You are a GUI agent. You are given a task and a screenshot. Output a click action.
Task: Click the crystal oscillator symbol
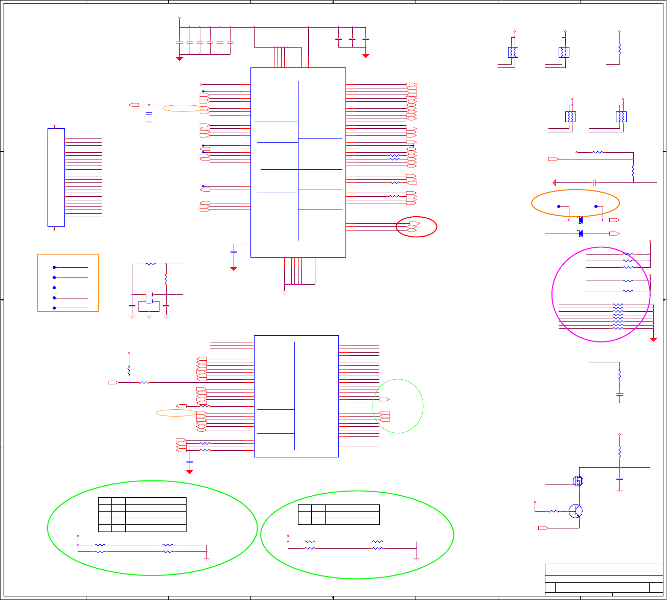point(149,297)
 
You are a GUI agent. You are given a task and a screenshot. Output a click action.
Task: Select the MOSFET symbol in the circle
point(578,480)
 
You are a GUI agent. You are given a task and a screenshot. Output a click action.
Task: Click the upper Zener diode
point(580,220)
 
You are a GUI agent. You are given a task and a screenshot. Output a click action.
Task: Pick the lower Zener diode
point(580,234)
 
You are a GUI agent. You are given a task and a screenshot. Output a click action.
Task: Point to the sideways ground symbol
point(554,182)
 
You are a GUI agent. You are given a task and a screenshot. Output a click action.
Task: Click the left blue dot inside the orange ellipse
point(559,206)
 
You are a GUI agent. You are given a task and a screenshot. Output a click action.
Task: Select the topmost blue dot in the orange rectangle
point(54,267)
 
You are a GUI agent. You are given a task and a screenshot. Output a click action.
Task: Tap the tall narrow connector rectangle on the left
point(56,177)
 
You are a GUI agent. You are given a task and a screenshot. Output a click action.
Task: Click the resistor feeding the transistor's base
point(554,511)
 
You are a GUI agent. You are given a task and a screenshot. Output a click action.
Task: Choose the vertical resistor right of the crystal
point(166,280)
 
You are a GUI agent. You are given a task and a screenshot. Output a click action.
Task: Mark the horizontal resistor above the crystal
point(150,264)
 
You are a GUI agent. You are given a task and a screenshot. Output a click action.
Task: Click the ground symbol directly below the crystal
point(149,316)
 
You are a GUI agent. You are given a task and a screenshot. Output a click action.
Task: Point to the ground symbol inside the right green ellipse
point(417,560)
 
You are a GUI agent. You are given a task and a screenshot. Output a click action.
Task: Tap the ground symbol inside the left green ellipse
point(207,560)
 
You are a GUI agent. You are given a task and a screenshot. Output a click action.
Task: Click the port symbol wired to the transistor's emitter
point(543,528)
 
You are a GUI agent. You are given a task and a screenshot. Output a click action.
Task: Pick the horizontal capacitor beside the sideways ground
point(594,182)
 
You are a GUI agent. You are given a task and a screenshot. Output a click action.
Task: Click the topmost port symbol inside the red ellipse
point(415,223)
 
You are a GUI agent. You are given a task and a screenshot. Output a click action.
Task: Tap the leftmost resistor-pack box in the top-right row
point(513,52)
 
